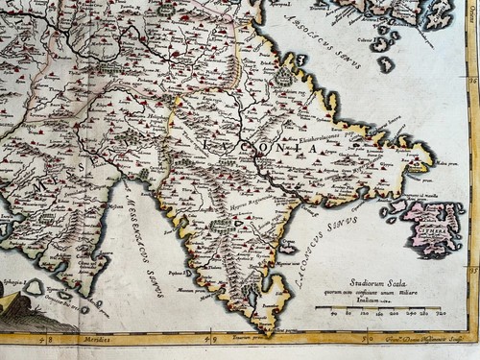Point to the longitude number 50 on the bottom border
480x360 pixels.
364,339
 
